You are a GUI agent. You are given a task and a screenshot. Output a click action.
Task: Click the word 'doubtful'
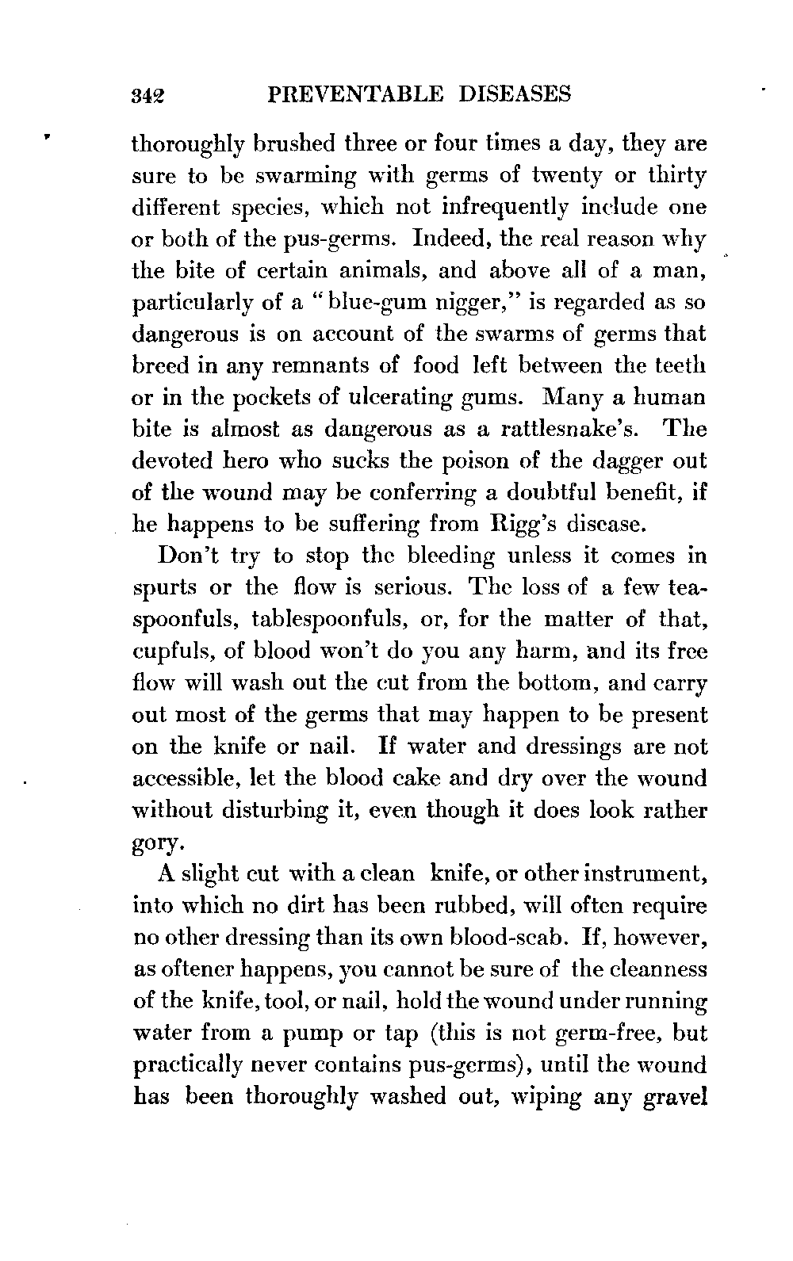click(555, 493)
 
